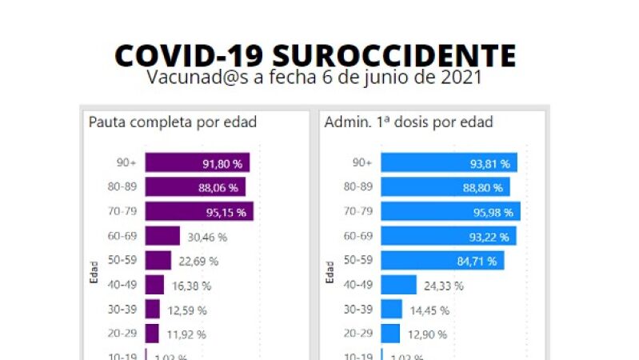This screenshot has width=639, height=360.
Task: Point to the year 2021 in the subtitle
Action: [x=457, y=78]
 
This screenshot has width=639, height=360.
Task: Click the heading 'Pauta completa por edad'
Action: [x=172, y=122]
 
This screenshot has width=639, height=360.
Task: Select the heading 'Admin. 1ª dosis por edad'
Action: [x=409, y=122]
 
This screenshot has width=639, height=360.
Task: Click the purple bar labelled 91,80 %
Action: [x=198, y=163]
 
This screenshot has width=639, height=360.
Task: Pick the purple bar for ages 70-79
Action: [x=199, y=212]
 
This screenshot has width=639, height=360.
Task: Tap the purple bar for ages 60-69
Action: [x=162, y=236]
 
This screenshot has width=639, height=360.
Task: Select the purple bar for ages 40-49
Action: [x=154, y=285]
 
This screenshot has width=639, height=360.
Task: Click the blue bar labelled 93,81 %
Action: [x=449, y=163]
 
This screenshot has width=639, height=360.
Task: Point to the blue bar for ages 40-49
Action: [x=398, y=285]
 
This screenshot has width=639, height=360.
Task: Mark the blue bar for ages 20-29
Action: [x=390, y=334]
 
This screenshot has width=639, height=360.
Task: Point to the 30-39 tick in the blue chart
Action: [x=357, y=310]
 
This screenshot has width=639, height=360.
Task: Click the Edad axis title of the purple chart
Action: [x=94, y=271]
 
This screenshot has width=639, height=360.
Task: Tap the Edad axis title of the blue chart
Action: [x=329, y=271]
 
